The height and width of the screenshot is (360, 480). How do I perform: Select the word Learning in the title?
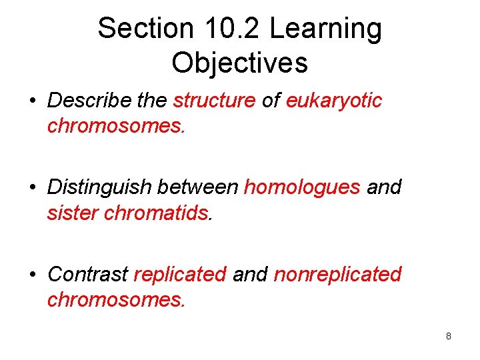[326, 29]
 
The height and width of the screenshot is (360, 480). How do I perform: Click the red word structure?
[214, 101]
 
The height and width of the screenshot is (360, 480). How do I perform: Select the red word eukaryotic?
[334, 101]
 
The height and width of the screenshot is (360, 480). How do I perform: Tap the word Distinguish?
[100, 187]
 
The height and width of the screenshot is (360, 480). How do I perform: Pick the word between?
[198, 187]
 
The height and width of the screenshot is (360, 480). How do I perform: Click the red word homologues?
[302, 187]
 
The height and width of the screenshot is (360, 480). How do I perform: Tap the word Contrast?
[88, 274]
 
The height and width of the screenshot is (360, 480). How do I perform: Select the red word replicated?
[180, 274]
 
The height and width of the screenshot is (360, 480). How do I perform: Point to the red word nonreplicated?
[337, 274]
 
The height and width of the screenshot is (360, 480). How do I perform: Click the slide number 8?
[449, 336]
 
